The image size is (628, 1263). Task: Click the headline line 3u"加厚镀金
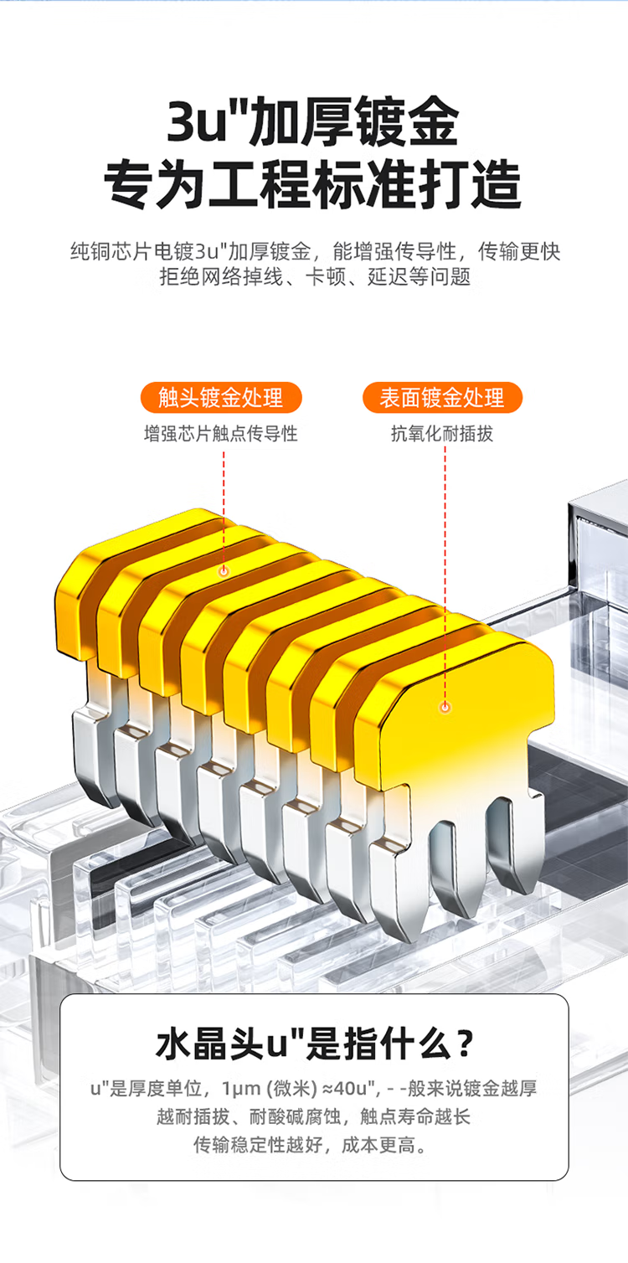[x=313, y=122]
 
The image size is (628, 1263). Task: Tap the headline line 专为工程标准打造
[x=313, y=184]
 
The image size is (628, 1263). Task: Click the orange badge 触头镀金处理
[x=221, y=398]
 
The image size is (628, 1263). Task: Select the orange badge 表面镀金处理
[x=442, y=398]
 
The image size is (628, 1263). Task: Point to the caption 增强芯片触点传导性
[x=221, y=434]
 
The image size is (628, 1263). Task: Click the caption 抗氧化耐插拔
[x=442, y=434]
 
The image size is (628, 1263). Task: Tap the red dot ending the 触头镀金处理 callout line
[x=224, y=571]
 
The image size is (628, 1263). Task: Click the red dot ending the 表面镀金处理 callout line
[x=445, y=707]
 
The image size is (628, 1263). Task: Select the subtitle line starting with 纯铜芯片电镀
[x=315, y=251]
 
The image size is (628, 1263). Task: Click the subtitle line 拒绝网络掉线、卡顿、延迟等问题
[x=315, y=277]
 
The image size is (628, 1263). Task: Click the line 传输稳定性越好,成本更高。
[x=311, y=1145]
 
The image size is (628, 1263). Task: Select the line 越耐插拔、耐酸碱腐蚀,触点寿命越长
[x=313, y=1116]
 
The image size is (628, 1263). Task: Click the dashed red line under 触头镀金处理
[x=224, y=508]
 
